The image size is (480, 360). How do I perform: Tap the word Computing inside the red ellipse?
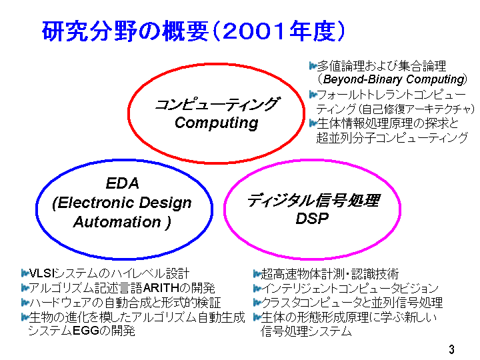217,123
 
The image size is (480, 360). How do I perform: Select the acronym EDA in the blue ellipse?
123,183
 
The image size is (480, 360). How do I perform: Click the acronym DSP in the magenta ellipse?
312,218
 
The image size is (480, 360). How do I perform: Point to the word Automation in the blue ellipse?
117,222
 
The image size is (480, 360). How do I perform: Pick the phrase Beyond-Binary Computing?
394,79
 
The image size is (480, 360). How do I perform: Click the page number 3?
451,349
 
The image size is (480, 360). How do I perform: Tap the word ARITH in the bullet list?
161,288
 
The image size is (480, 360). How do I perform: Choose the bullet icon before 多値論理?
313,65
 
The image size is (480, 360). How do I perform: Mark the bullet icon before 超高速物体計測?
257,273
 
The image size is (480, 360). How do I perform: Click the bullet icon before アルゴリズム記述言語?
25,288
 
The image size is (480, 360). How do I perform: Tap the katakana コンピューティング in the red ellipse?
217,104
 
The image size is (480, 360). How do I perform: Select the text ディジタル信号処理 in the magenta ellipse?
313,200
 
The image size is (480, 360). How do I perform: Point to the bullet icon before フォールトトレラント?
313,94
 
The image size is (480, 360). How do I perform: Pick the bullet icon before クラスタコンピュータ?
257,303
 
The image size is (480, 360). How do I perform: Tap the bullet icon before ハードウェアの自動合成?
25,303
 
